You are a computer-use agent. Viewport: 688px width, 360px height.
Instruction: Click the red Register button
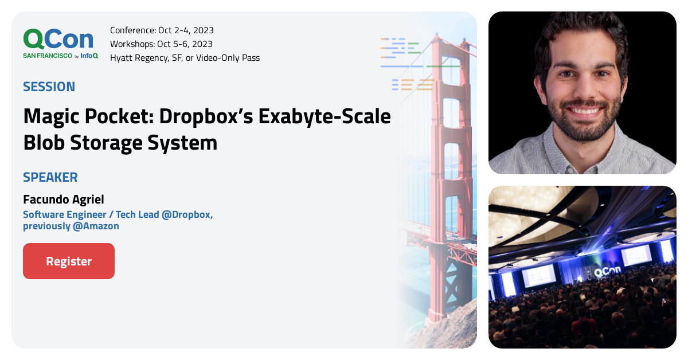coord(69,261)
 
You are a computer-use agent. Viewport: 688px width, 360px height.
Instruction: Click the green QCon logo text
coord(58,39)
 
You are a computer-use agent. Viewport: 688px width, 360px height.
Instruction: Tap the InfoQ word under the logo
coord(89,56)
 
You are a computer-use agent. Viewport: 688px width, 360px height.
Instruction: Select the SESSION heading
coord(49,87)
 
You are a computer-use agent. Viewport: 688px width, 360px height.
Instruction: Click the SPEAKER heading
coord(50,177)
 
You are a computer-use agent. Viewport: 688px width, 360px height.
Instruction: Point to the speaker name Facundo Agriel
coord(63,199)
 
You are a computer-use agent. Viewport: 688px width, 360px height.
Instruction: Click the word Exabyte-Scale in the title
coord(324,116)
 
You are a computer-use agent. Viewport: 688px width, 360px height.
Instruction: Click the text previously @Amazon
coord(71,226)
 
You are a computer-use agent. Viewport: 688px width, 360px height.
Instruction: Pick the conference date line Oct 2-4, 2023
coord(162,30)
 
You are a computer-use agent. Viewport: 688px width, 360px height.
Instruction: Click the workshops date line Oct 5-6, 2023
coord(161,44)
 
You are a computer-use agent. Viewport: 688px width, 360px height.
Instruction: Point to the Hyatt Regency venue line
coord(185,57)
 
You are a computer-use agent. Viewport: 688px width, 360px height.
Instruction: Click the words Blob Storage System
coord(120,142)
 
